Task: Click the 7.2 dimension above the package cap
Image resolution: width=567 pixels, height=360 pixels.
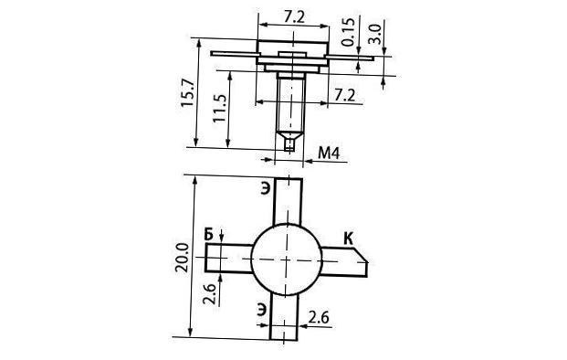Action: tap(294, 16)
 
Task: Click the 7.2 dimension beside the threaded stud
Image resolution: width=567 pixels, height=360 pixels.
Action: tap(344, 95)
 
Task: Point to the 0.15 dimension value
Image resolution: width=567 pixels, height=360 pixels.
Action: tap(348, 32)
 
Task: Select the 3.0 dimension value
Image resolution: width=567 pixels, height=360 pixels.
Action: tap(374, 34)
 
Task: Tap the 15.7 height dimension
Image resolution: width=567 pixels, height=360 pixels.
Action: tap(188, 92)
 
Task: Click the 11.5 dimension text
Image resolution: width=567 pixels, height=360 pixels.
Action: tap(219, 108)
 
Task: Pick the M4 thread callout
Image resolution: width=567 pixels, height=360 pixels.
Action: tap(329, 154)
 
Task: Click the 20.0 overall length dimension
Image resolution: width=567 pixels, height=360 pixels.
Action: tap(182, 258)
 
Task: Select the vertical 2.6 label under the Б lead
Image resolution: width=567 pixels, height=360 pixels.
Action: tap(209, 294)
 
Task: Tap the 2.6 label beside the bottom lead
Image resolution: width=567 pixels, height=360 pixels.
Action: tap(319, 317)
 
